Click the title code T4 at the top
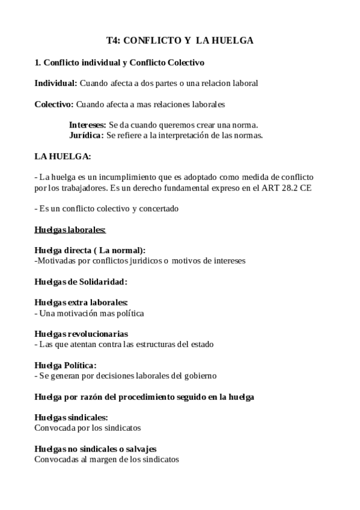coord(112,41)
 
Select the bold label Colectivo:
coord(54,104)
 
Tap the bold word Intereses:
coord(88,125)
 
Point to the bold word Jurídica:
coord(87,135)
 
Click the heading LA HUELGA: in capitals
coord(63,156)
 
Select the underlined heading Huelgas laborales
coord(70,230)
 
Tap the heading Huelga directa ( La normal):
coord(90,251)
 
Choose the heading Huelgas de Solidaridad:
coord(81,281)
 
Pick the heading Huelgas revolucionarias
coord(82,334)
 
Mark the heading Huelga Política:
coord(66,365)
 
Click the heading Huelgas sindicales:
coord(72,417)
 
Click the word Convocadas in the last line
coord(56,459)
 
